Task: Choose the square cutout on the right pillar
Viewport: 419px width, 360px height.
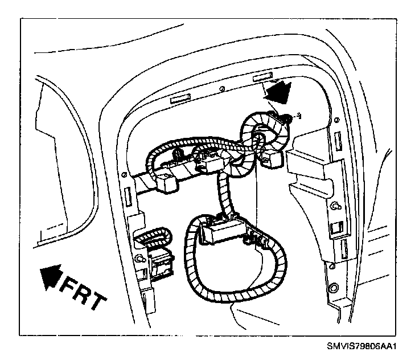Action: tap(334, 228)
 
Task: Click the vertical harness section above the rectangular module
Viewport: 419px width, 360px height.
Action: tap(221, 194)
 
